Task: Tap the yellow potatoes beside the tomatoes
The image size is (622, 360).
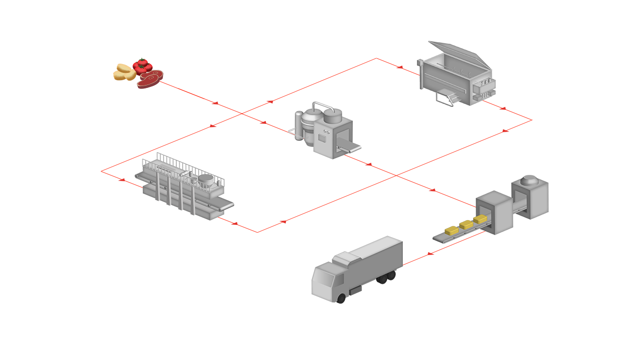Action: tap(124, 72)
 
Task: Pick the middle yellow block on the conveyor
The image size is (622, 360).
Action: tap(466, 224)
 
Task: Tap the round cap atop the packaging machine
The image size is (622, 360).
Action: tap(529, 181)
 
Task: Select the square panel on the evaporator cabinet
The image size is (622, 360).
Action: tap(322, 137)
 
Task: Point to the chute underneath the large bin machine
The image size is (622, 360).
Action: tap(449, 97)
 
